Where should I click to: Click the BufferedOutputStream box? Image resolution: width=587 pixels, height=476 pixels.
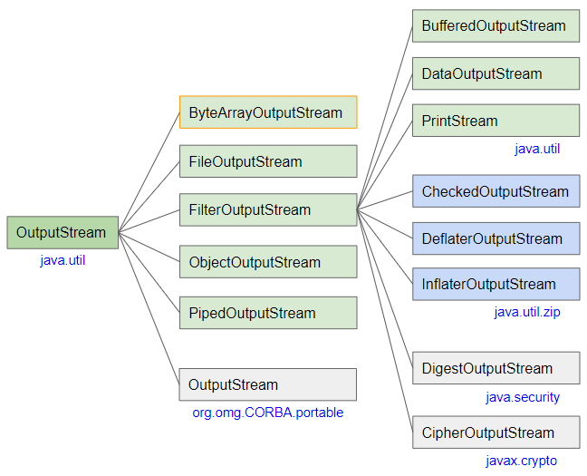pos(496,26)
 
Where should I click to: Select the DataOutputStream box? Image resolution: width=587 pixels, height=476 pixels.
pos(496,73)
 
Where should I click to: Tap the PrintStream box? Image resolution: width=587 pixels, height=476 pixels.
pos(496,121)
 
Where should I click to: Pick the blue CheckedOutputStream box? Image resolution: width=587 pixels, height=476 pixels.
pos(496,191)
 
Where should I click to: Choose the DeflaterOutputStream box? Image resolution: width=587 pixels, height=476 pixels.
pos(496,238)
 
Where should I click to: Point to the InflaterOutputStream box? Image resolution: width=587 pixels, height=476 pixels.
pos(496,285)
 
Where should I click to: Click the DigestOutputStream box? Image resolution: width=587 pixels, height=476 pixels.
pos(496,368)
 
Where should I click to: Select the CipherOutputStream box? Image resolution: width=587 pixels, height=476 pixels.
pos(496,432)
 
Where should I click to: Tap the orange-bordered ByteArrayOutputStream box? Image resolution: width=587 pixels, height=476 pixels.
pos(268,112)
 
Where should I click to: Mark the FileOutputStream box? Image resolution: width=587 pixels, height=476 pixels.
pos(268,161)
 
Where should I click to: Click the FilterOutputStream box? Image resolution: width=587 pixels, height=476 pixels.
pos(268,209)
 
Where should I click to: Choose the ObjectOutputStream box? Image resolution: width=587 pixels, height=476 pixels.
pos(268,262)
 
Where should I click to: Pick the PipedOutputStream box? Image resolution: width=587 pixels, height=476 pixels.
pos(268,313)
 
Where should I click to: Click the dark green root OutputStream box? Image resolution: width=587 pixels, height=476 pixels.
pos(62,232)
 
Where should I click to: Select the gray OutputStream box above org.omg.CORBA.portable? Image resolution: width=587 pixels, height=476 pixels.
pos(267,384)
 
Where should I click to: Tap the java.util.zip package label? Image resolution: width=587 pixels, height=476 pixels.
pos(527,312)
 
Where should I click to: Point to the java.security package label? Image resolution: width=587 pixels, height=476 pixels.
pos(522,397)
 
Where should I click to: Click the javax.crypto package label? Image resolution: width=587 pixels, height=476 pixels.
pos(521,461)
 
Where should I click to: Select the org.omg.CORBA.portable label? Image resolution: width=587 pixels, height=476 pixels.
pos(267,413)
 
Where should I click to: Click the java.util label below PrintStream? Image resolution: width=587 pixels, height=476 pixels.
pos(537,149)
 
